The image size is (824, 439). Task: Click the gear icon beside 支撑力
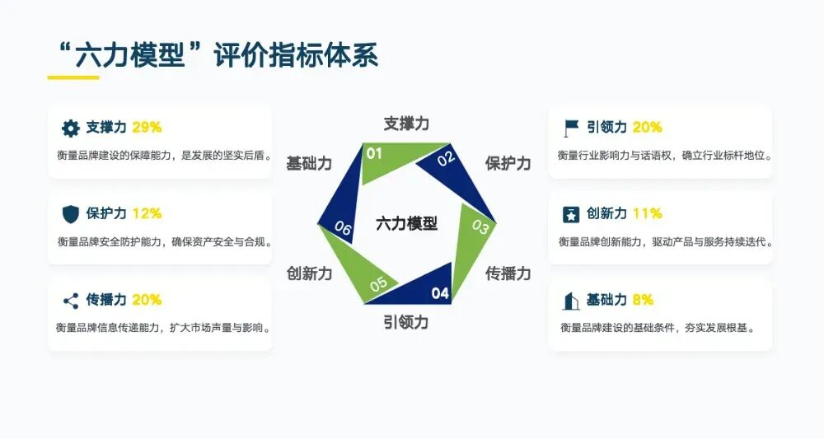[x=70, y=128]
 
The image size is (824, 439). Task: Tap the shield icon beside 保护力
[x=70, y=214]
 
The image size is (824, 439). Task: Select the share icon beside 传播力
[x=70, y=301]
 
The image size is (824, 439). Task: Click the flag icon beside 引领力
[x=571, y=128]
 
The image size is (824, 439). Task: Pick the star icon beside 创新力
[x=571, y=214]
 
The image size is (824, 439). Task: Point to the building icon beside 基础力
[x=571, y=301]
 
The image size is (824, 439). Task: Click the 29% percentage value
[x=147, y=128]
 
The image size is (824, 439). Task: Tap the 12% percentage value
[x=147, y=213]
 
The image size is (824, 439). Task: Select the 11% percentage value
[x=648, y=213]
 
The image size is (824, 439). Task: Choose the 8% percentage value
[x=643, y=300]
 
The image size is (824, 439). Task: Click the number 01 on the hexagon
[x=374, y=154]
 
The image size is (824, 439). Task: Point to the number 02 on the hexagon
[x=446, y=158]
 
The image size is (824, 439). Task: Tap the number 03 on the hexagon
[x=480, y=227]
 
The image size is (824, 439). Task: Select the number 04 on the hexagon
[x=440, y=293]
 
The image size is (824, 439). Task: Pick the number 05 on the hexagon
[x=378, y=284]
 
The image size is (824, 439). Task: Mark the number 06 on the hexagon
[x=343, y=228]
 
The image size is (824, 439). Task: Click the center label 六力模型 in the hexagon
[x=407, y=224]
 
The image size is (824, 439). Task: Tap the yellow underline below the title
[x=73, y=77]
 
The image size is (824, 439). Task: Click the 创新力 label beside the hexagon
[x=310, y=273]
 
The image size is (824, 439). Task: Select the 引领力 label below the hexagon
[x=405, y=322]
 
